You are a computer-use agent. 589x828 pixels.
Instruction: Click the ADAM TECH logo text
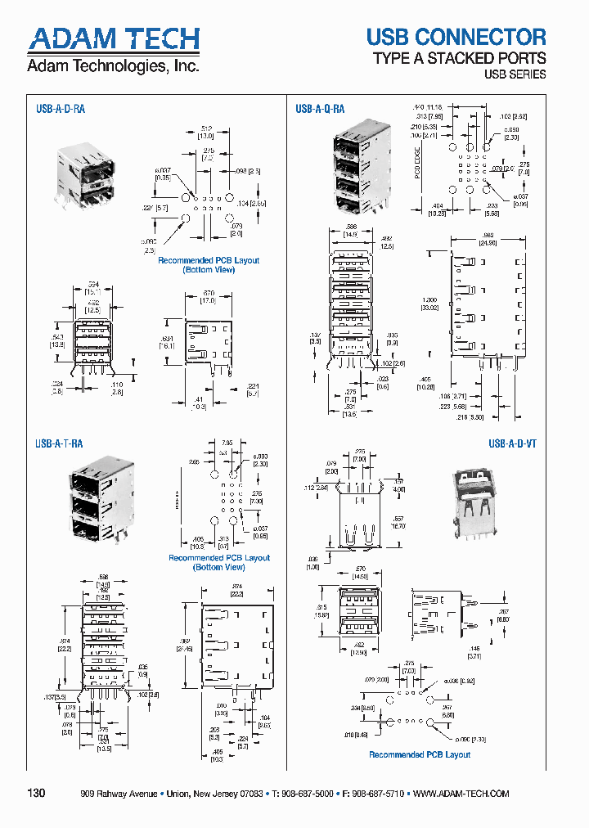pyautogui.click(x=114, y=39)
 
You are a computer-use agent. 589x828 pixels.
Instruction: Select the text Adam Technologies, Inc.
pyautogui.click(x=113, y=66)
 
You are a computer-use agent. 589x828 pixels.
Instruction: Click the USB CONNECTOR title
pyautogui.click(x=456, y=37)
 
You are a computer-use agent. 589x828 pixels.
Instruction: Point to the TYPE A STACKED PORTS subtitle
pyautogui.click(x=459, y=58)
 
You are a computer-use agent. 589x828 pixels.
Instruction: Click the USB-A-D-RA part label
pyautogui.click(x=60, y=107)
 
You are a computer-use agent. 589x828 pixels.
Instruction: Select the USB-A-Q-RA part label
pyautogui.click(x=320, y=108)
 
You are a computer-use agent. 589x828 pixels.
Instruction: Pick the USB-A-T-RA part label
pyautogui.click(x=59, y=443)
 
